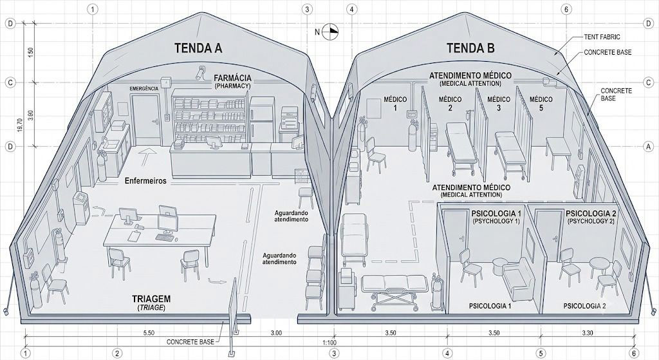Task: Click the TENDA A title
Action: click(198, 48)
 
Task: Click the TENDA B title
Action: click(470, 48)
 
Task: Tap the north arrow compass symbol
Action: click(331, 32)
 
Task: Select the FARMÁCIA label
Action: click(232, 78)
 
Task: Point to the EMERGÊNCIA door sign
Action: click(144, 88)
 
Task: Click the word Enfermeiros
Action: click(145, 181)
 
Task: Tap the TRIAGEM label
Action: click(151, 299)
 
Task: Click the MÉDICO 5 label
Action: click(541, 104)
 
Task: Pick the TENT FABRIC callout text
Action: click(602, 37)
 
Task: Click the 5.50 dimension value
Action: click(149, 333)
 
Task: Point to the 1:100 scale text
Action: click(329, 342)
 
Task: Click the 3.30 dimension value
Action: click(588, 333)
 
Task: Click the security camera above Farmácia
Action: click(201, 71)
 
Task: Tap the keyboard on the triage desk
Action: click(165, 238)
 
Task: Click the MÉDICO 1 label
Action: click(396, 104)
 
